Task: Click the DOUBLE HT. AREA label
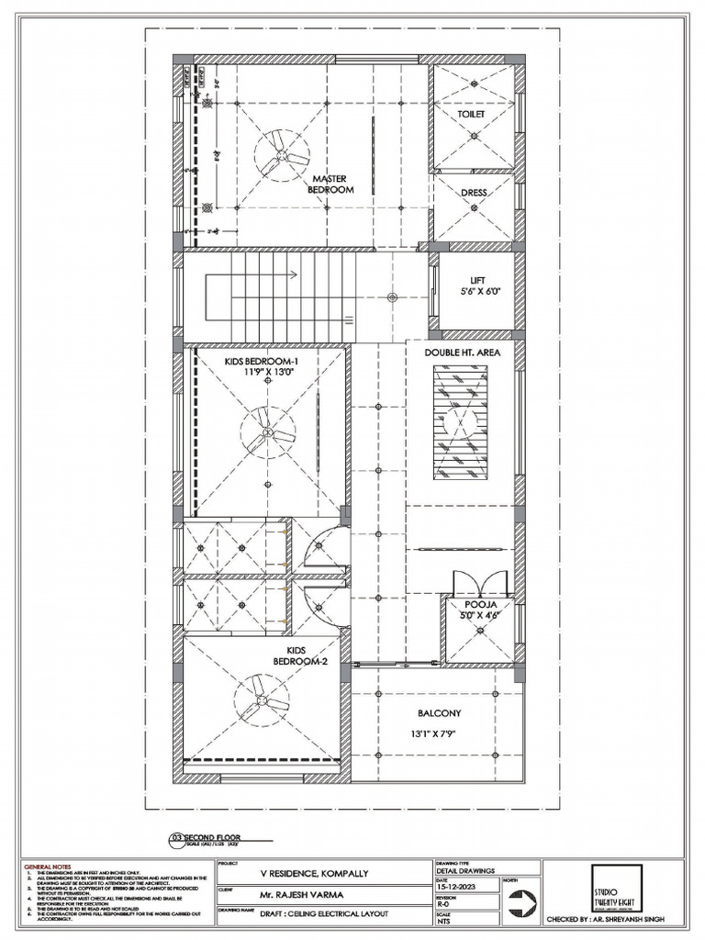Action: (x=462, y=352)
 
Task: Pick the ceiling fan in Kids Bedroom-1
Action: (x=266, y=431)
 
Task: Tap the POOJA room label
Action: (x=479, y=606)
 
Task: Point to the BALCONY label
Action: (x=439, y=712)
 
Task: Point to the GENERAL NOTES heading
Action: (x=48, y=866)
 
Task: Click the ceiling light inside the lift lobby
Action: (x=392, y=296)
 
